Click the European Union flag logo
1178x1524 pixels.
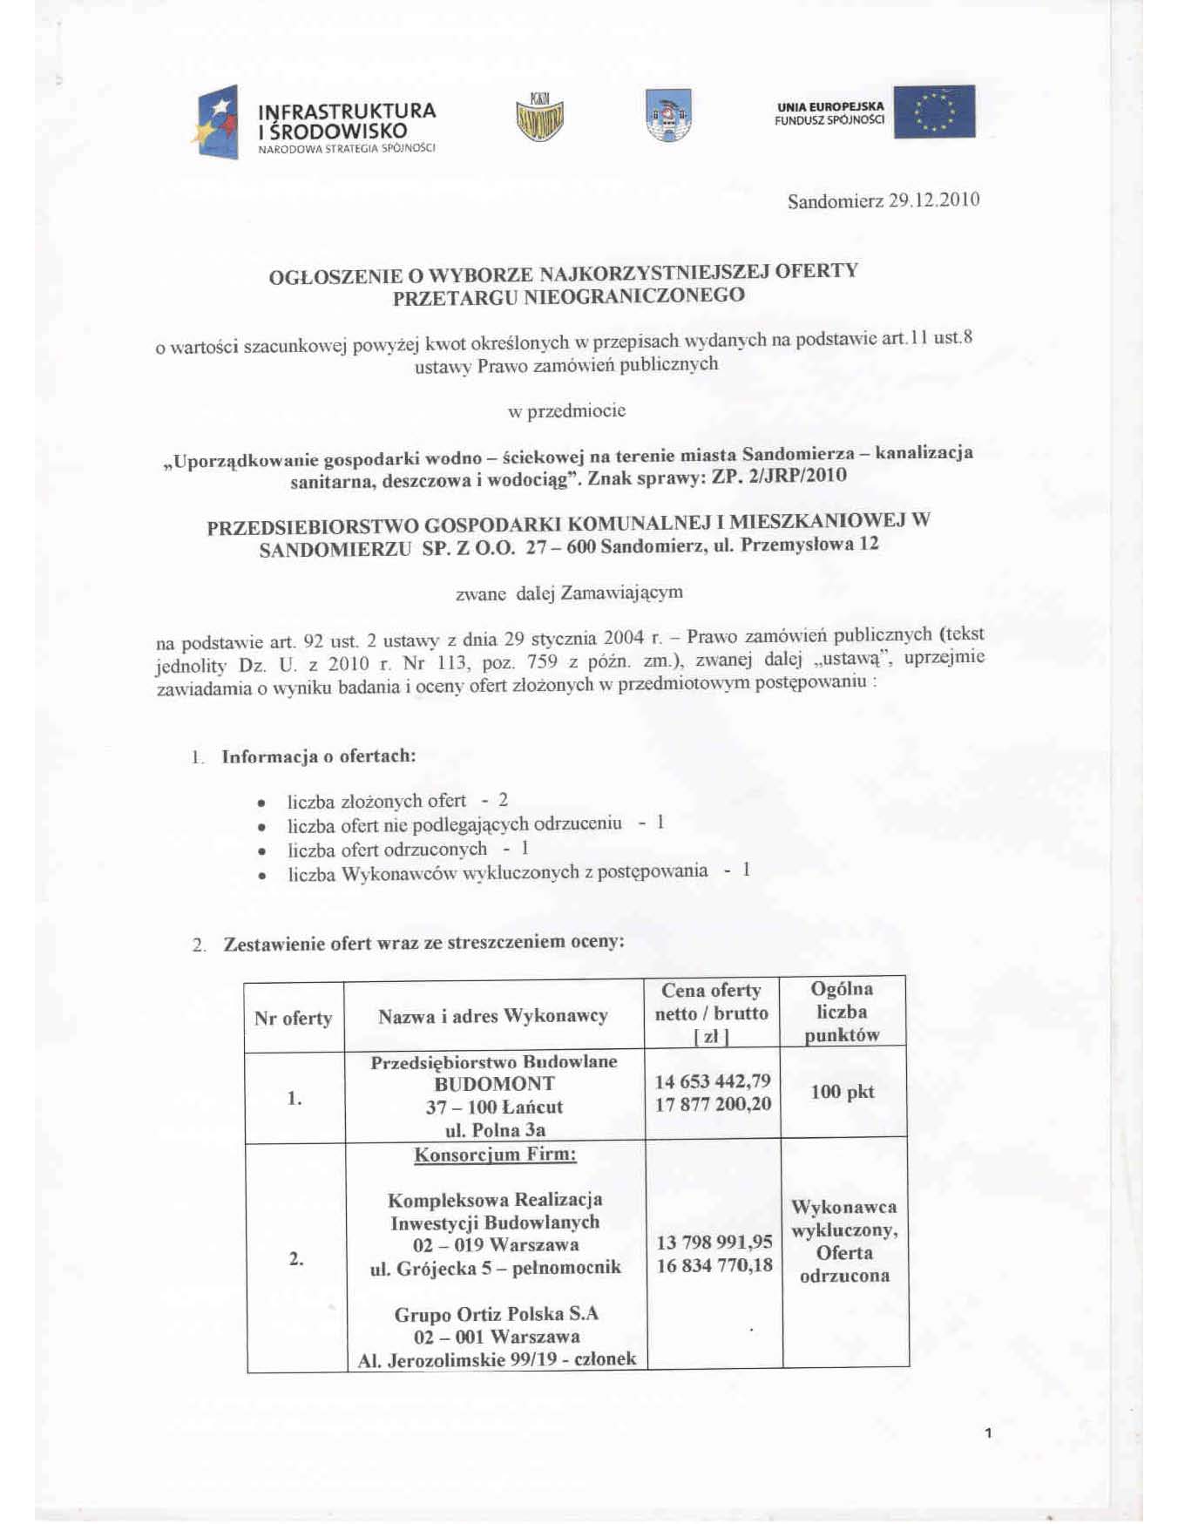point(934,112)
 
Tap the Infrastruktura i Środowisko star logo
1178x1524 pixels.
point(215,123)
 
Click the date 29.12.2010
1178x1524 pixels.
point(933,200)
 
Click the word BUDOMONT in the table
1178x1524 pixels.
point(494,1084)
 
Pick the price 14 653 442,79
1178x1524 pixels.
point(713,1081)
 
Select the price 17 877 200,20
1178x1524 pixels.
point(713,1104)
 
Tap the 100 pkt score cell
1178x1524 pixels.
point(842,1092)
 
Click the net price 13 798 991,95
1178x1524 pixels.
point(714,1243)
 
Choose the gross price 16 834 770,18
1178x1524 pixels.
point(714,1265)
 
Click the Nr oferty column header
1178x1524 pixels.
point(293,1018)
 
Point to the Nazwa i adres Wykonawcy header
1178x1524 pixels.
point(493,1016)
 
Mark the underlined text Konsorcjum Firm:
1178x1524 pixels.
point(495,1155)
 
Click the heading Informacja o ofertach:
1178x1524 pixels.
point(319,756)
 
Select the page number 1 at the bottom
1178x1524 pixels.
point(988,1433)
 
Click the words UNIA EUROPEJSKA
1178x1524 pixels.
point(829,106)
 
